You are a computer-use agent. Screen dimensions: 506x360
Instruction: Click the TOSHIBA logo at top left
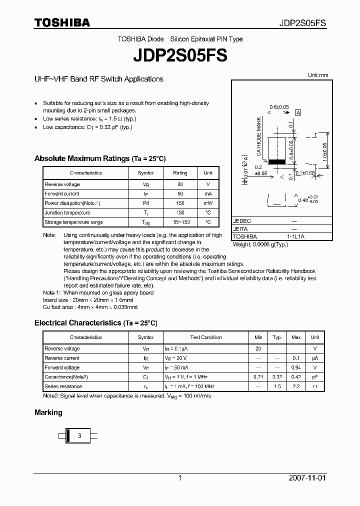(62, 22)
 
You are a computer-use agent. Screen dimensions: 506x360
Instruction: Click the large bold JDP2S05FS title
(180, 55)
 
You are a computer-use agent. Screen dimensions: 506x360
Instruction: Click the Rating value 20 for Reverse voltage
(180, 184)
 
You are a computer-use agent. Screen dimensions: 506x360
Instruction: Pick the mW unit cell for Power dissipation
(208, 203)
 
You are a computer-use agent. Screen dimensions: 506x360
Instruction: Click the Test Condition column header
(206, 337)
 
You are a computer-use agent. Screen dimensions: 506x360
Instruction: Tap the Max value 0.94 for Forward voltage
(296, 367)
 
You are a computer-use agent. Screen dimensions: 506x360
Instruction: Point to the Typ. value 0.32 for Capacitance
(277, 377)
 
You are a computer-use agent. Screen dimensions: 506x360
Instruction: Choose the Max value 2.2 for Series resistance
(296, 386)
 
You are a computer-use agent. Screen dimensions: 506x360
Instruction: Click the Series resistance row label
(63, 386)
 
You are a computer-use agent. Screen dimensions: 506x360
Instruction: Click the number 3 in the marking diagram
(79, 435)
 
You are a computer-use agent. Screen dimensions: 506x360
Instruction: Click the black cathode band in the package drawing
(276, 161)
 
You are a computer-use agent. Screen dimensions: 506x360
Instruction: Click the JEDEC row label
(242, 220)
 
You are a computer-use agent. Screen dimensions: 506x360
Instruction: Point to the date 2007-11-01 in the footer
(307, 478)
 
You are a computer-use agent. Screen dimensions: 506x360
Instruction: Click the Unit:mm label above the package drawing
(318, 75)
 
